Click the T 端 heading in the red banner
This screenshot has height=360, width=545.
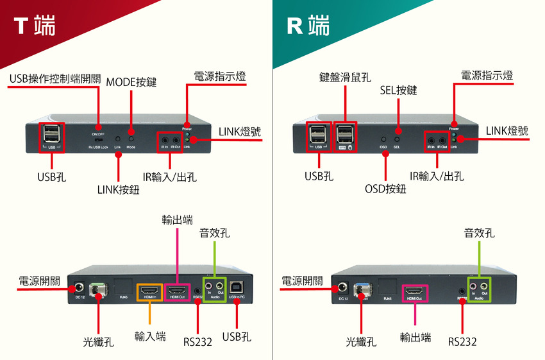click(35, 26)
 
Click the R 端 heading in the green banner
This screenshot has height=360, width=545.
click(308, 26)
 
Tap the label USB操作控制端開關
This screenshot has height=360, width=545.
click(55, 79)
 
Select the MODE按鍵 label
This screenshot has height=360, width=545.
click(131, 82)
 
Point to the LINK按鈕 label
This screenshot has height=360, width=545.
click(119, 189)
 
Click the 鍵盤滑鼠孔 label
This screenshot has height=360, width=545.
click(345, 78)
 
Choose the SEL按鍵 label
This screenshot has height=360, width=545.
click(398, 90)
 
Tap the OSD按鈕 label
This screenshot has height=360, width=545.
click(385, 189)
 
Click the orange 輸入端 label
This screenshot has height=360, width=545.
click(150, 336)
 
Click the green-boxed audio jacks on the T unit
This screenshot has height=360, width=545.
click(214, 287)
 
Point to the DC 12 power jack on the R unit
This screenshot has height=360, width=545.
click(342, 289)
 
